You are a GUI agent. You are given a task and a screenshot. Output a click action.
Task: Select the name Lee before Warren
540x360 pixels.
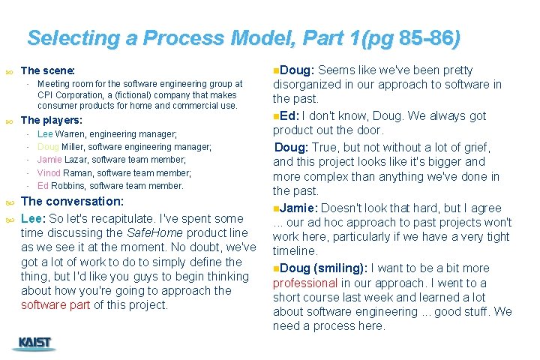point(45,133)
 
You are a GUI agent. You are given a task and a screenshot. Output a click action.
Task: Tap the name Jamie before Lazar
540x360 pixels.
point(49,160)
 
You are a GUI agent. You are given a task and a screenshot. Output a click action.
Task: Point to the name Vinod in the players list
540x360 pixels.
point(49,172)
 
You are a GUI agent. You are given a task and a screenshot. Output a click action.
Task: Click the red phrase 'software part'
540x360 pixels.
point(55,305)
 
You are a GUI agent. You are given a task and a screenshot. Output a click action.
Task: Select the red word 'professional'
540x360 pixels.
point(305,283)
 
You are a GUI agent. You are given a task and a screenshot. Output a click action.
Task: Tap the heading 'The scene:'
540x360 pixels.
point(48,70)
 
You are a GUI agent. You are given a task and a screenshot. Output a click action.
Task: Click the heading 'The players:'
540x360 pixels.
point(52,120)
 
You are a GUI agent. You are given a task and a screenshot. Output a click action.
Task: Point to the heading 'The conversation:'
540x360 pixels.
point(72,202)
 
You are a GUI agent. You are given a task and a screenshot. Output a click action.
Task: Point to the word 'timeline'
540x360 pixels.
point(295,250)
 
